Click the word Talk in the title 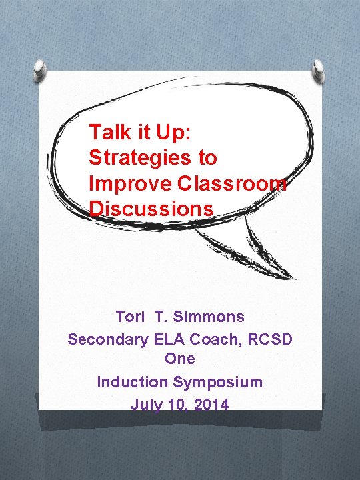[106, 132]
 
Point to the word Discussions [151, 209]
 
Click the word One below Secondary [180, 359]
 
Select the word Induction [132, 382]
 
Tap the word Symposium [217, 382]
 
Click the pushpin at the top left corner [41, 69]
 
